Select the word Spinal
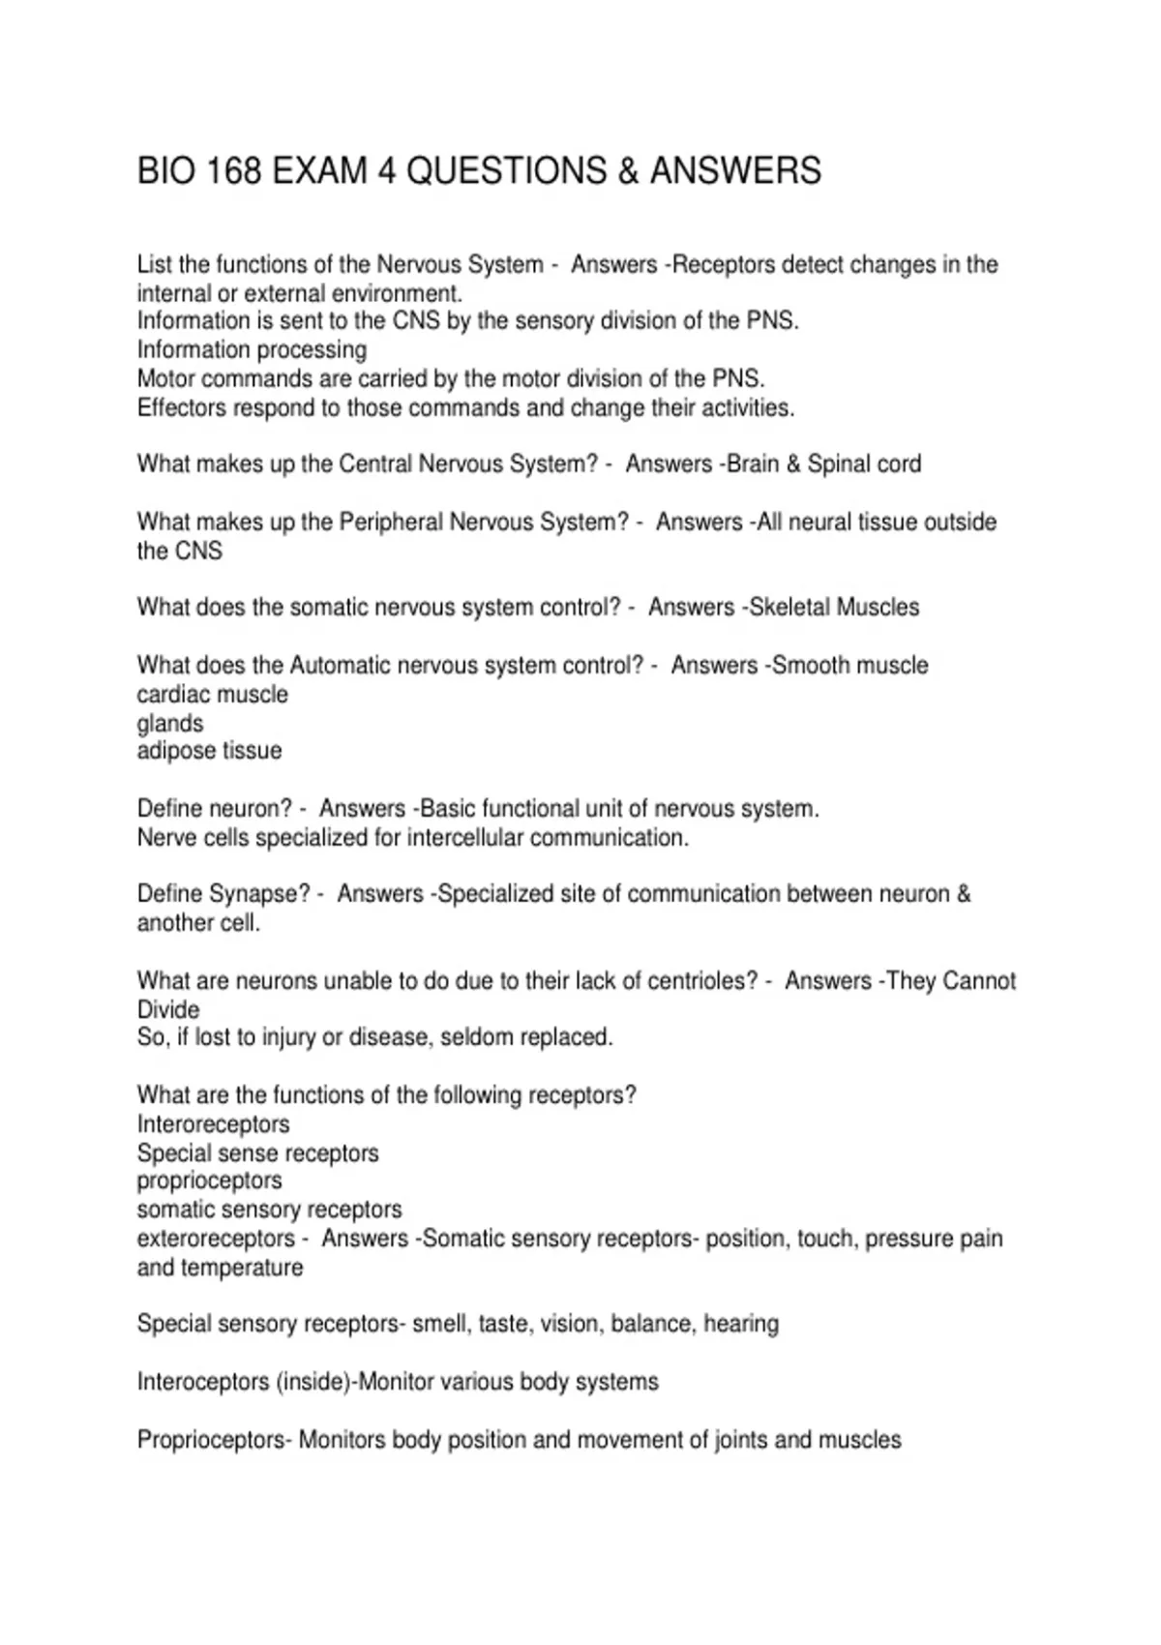841,464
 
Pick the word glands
170,724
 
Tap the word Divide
168,1010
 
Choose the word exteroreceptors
216,1239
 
